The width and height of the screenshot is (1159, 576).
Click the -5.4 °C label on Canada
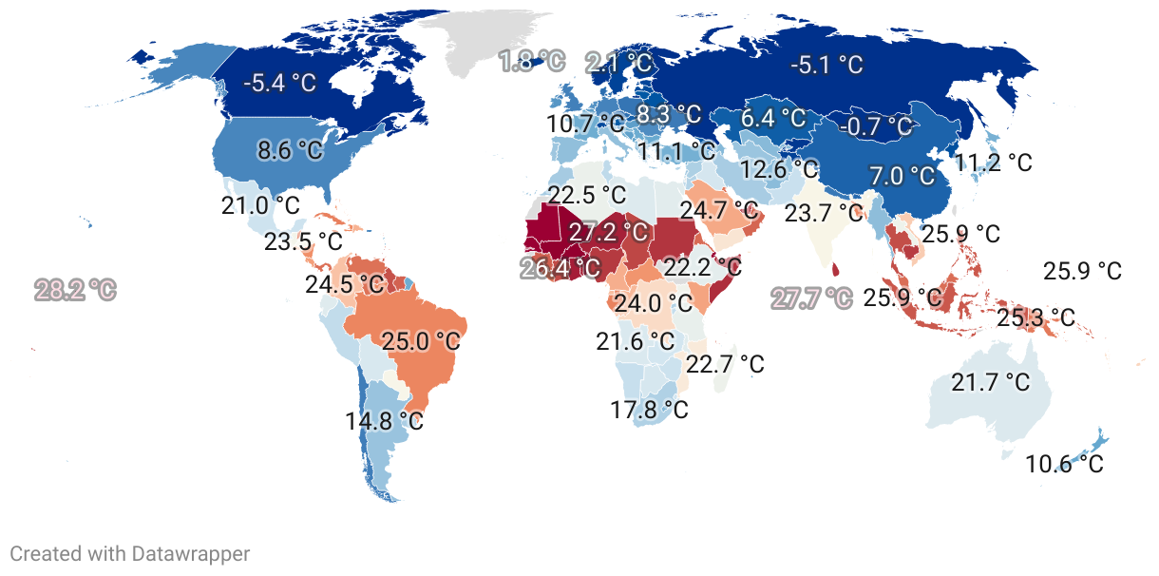tap(279, 83)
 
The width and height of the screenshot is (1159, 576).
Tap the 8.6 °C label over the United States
tap(290, 150)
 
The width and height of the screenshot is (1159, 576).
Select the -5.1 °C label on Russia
tap(826, 65)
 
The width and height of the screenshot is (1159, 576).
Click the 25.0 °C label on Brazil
tap(420, 340)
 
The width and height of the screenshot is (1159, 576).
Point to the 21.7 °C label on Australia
tap(990, 382)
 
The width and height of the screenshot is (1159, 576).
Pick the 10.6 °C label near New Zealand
tap(1064, 464)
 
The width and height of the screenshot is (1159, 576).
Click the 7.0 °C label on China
tap(902, 176)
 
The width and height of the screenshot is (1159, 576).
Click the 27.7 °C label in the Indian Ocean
tap(810, 298)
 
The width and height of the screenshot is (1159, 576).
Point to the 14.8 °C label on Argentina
tap(384, 420)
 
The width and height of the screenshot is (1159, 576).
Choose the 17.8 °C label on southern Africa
tap(649, 410)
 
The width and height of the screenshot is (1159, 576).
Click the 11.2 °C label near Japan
tap(993, 163)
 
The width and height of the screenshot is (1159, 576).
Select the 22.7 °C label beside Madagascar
tap(725, 364)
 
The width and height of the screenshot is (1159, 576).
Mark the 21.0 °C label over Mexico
tap(260, 205)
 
